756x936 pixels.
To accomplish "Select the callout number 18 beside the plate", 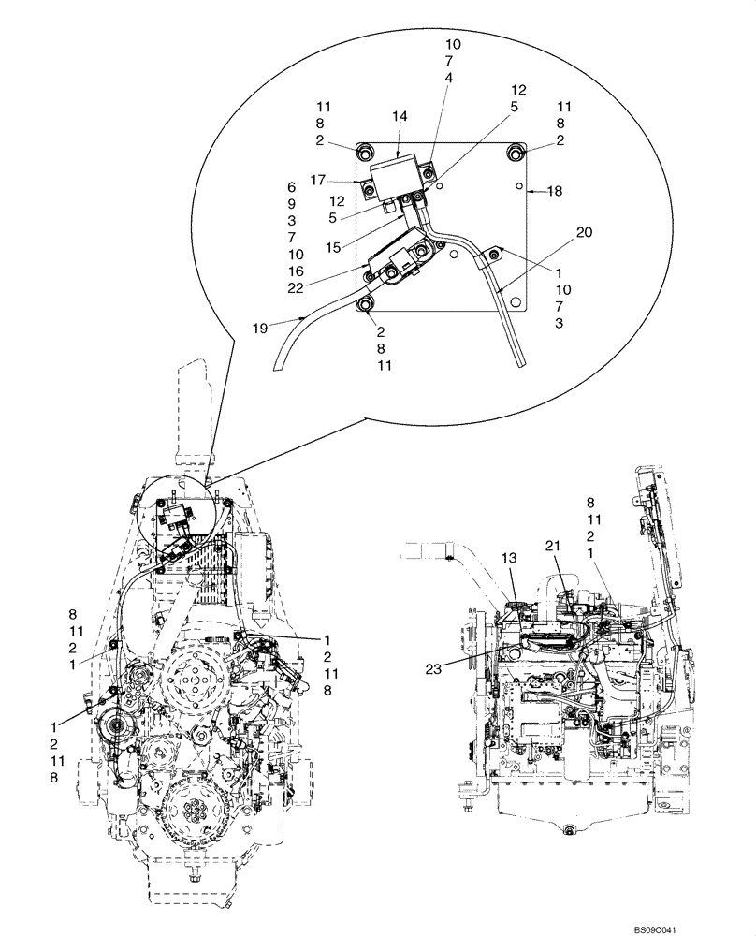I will (555, 191).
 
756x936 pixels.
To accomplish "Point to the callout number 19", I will (261, 328).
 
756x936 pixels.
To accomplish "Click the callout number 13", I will (508, 559).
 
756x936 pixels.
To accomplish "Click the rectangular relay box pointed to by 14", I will (397, 174).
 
